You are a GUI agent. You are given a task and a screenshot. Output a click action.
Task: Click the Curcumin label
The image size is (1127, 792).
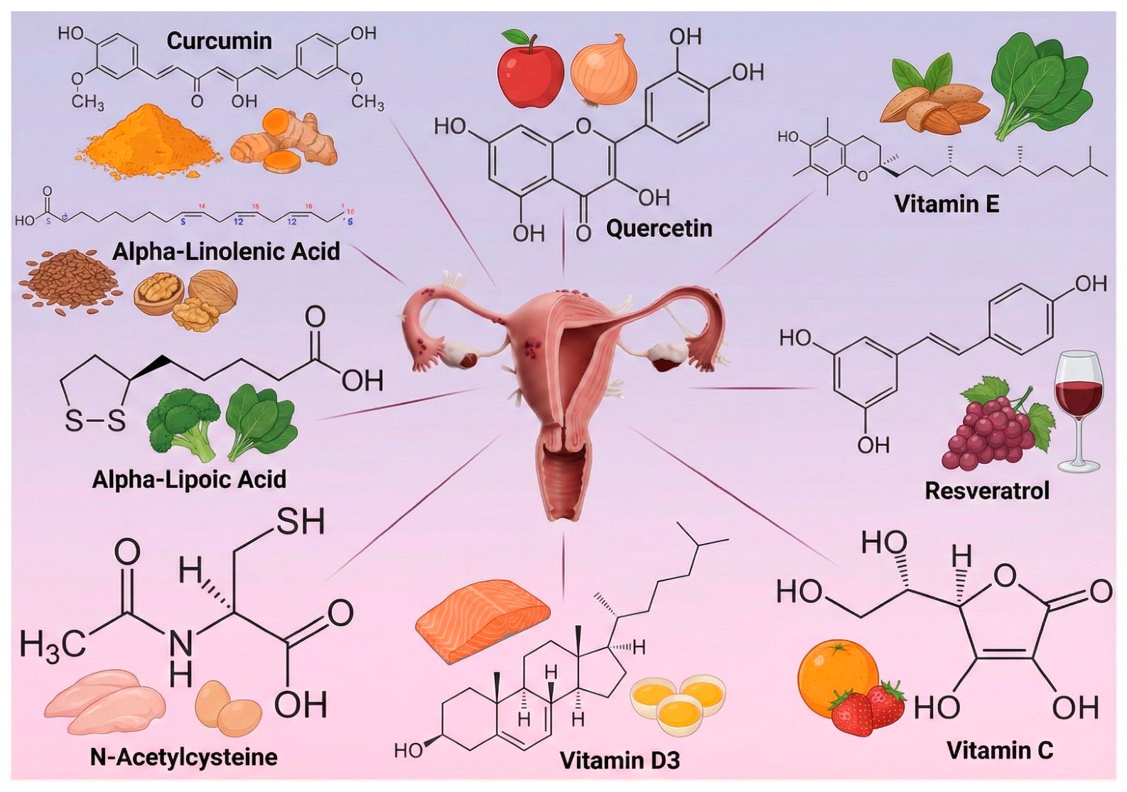coord(219,41)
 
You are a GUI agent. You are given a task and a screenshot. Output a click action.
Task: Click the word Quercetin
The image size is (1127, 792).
coord(659,229)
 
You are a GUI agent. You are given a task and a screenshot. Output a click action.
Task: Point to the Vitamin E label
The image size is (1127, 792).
coord(947,205)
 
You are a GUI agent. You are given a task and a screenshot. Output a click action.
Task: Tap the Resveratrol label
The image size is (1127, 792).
coord(986,491)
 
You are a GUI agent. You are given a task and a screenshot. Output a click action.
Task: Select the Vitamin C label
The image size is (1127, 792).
coord(999,750)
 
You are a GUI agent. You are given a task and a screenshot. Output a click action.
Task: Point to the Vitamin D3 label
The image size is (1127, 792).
coord(620,761)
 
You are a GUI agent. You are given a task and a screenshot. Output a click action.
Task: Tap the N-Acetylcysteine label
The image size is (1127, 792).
coord(183,757)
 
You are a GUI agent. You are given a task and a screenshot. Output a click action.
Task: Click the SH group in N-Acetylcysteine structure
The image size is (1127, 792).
coord(300,523)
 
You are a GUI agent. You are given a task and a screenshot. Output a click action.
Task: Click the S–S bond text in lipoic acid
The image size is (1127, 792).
coord(95,421)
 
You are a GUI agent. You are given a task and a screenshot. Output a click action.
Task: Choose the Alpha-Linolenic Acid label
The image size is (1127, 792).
coord(226,251)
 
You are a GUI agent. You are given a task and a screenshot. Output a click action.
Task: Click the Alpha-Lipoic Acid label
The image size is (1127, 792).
coord(189,479)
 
